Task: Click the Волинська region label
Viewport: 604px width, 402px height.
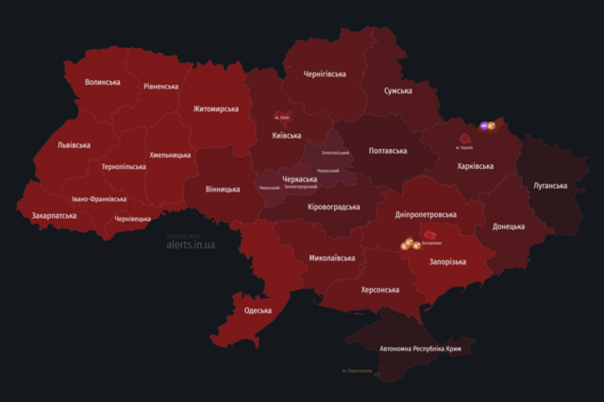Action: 102,82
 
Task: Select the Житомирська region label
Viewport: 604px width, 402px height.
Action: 216,109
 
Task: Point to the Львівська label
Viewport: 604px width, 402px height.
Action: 74,145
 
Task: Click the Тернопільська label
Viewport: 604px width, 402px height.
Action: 124,166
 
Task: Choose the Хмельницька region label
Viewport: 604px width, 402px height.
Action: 170,155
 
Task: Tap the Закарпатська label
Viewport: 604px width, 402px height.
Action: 54,215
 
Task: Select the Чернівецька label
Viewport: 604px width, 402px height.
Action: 132,218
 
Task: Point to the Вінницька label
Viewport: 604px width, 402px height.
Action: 223,189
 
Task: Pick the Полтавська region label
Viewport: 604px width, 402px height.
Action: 387,150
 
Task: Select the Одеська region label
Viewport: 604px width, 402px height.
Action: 258,310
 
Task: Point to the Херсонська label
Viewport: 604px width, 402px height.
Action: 379,290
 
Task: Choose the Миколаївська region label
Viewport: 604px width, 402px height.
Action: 332,258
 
